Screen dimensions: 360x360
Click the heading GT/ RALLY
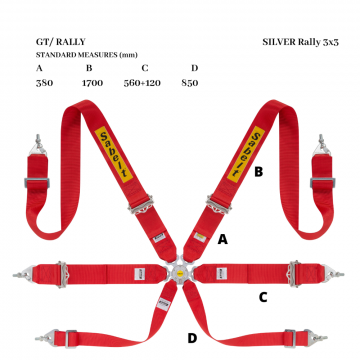(61, 42)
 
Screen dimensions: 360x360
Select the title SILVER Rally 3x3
(300, 42)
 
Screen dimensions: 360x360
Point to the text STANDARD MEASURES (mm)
(87, 55)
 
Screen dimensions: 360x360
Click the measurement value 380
(44, 83)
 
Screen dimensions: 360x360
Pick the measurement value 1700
(92, 83)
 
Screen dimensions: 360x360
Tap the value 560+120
(142, 83)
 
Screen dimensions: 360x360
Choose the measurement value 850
(190, 83)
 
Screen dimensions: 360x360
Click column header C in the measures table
(144, 68)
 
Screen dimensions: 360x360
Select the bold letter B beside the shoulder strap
(259, 172)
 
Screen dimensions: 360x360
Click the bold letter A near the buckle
(223, 239)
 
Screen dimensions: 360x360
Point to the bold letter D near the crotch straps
(192, 338)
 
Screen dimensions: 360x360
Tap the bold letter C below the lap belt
(263, 297)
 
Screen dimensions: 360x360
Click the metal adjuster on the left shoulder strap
(141, 205)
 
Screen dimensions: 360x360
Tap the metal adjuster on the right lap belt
(294, 274)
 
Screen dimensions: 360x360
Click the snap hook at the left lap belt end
(24, 274)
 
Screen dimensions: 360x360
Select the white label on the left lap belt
(140, 274)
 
